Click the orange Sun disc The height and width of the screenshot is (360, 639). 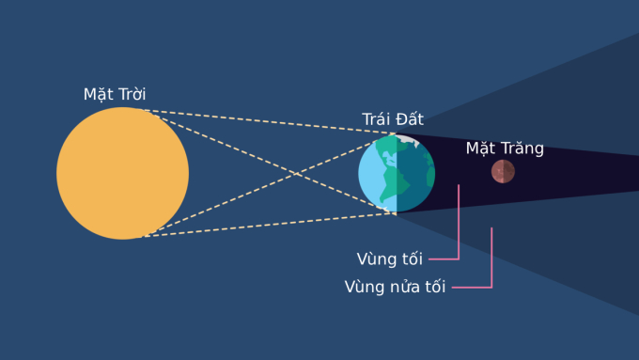(x=122, y=173)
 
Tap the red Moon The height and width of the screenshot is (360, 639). (x=503, y=171)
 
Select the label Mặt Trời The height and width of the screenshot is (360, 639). (x=115, y=94)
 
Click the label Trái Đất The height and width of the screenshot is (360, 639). (x=393, y=119)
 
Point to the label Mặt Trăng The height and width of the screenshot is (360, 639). (x=505, y=148)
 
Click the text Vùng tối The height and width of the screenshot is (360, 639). (x=389, y=258)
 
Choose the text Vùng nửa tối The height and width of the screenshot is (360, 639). (x=395, y=287)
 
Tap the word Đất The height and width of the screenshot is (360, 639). (x=410, y=119)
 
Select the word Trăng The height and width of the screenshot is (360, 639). (x=522, y=148)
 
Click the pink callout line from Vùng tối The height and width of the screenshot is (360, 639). (x=458, y=226)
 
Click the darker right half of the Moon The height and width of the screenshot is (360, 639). (x=508, y=171)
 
